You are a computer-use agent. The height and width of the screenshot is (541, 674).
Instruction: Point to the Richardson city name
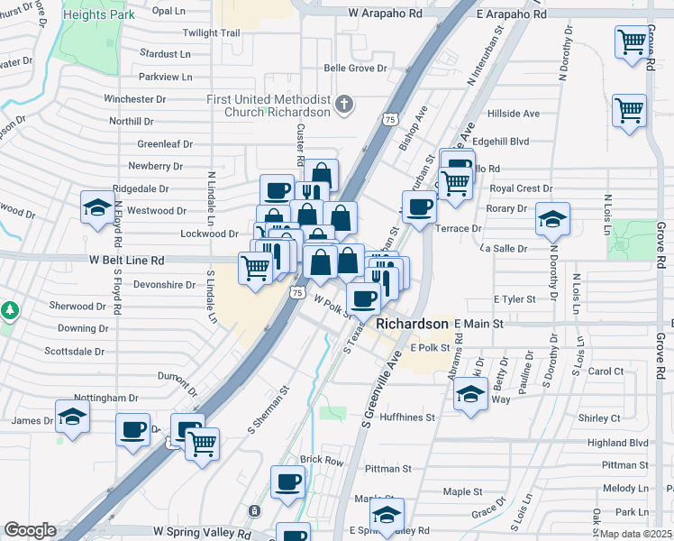[x=412, y=324]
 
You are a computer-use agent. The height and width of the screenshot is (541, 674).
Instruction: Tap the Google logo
[x=30, y=529]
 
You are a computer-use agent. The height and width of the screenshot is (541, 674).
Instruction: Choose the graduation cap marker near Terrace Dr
[x=552, y=219]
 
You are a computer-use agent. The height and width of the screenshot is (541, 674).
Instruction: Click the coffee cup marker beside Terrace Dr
[x=418, y=206]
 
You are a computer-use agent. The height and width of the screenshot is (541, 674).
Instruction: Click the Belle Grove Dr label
[x=355, y=68]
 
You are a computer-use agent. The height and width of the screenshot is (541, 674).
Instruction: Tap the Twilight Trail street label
[x=211, y=32]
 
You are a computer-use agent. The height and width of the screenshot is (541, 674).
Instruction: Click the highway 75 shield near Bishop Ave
[x=389, y=119]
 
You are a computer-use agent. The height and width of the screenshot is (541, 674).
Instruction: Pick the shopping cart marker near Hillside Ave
[x=629, y=112]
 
